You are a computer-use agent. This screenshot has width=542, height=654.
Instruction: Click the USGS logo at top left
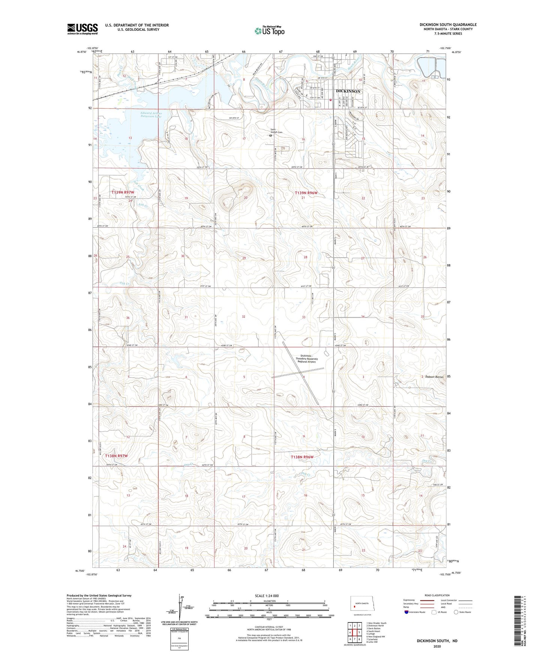point(83,29)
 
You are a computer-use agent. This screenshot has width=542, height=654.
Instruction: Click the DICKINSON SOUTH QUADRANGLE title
point(448,25)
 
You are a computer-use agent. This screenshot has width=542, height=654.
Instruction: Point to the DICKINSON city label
point(348,91)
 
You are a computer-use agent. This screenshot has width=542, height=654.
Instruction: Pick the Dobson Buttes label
point(434,377)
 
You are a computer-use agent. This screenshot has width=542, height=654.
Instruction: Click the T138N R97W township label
point(117,456)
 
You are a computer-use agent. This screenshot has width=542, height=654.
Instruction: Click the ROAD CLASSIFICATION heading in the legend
point(437,595)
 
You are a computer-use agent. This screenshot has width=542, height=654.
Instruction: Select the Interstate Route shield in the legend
point(407,612)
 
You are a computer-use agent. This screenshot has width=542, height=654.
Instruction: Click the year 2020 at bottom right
point(437,646)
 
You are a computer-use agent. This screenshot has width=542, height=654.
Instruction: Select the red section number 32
point(244,317)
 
